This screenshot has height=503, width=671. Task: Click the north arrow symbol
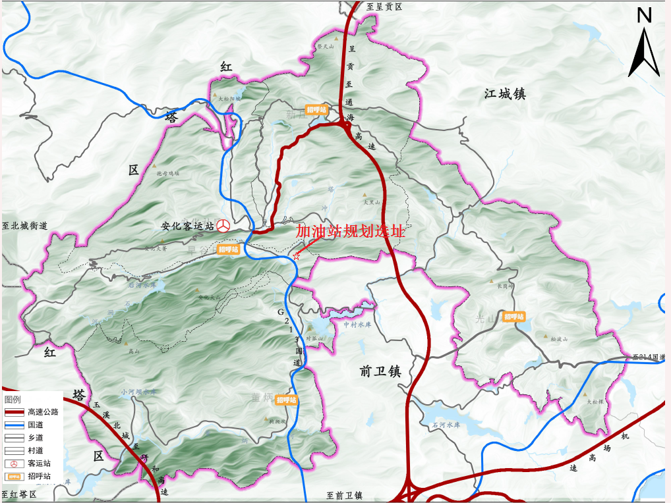coord(644,49)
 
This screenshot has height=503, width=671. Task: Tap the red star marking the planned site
coord(297,257)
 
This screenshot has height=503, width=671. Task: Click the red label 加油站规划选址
coord(350,232)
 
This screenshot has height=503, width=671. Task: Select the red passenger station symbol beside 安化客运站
coord(224,226)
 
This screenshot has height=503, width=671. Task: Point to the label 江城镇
coord(505,94)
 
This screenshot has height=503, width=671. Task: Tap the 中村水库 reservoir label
coord(357,324)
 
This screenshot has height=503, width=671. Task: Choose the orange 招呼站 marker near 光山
coord(514,317)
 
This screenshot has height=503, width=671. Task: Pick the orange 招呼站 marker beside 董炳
coord(286,400)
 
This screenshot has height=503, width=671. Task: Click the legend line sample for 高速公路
coord(15,412)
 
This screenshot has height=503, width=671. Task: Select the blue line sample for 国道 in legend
coord(15,425)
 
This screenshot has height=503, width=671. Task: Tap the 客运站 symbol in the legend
coord(15,463)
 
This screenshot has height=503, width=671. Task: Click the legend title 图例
coord(13,400)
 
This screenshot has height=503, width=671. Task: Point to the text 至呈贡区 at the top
coord(384,7)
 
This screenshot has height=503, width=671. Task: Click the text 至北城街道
coord(25,226)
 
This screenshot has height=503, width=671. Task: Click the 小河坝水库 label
coord(139,392)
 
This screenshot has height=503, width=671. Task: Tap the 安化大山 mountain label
coord(210,298)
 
